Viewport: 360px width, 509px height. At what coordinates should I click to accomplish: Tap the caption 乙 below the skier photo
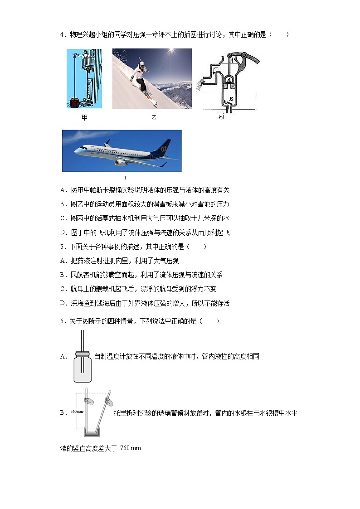point(154,117)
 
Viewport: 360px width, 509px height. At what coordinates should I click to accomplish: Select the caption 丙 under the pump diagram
point(221,116)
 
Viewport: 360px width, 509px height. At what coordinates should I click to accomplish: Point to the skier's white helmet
point(141,66)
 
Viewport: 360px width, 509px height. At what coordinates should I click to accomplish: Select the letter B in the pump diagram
point(231,99)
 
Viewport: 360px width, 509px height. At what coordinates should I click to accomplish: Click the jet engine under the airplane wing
point(120,162)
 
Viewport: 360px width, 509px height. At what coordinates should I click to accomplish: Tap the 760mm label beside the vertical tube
point(77,412)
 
